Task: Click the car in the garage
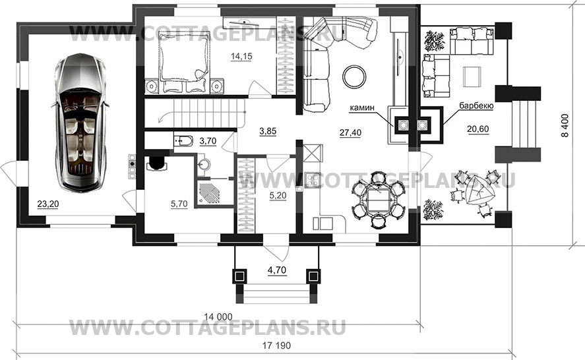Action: point(80,123)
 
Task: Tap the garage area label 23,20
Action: point(48,204)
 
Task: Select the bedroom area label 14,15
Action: point(241,56)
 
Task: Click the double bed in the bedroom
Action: point(183,61)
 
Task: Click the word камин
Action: point(362,108)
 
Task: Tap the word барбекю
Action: point(476,106)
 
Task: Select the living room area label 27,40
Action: point(350,132)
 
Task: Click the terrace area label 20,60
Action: point(478,129)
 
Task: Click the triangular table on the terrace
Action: point(477,191)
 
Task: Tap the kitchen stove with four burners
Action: point(312,180)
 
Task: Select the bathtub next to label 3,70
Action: point(183,141)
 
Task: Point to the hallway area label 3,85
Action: point(268,131)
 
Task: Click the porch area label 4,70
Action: point(277,270)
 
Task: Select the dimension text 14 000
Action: point(218,317)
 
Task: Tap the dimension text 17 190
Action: point(276,345)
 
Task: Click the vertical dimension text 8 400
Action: point(565,125)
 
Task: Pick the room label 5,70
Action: point(179,204)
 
